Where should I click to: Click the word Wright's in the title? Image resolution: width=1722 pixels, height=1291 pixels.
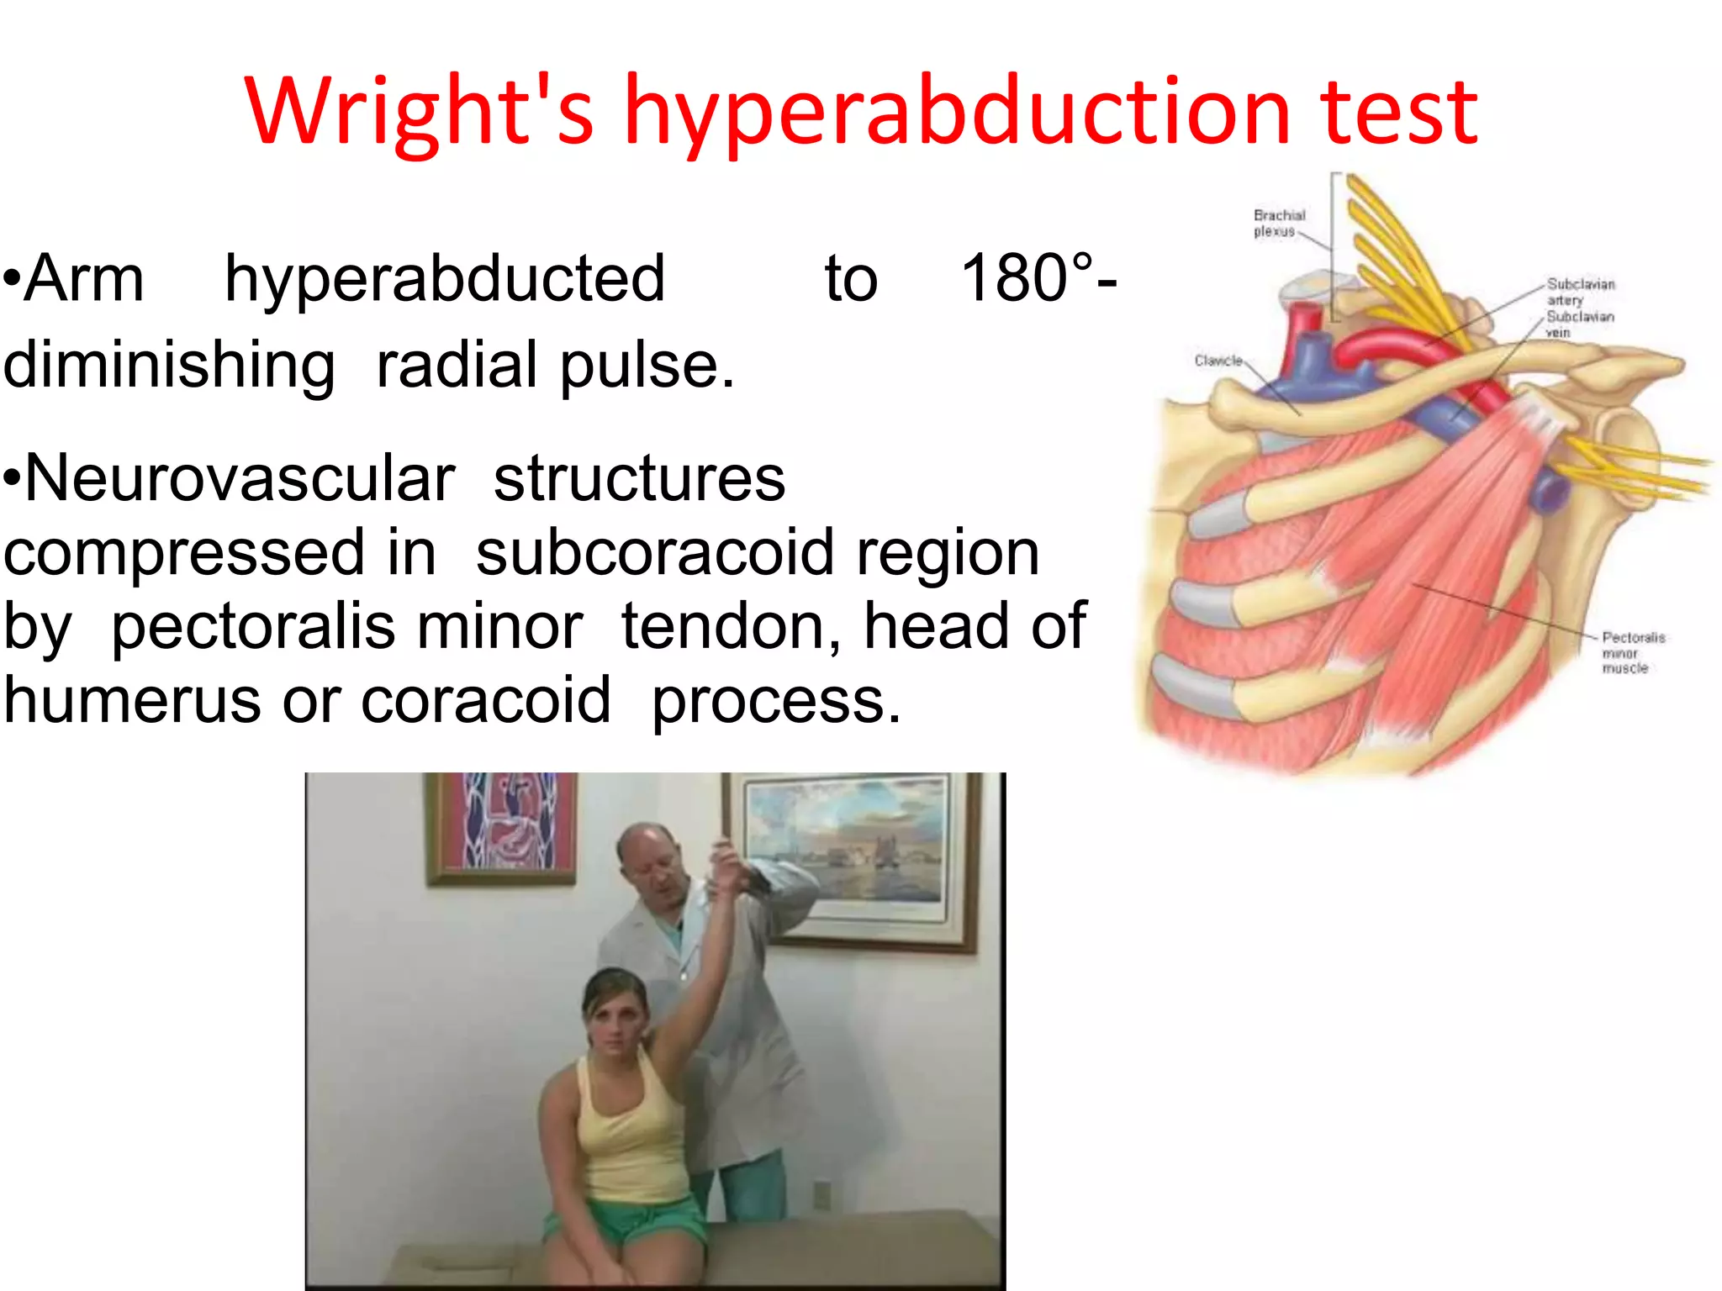click(x=419, y=111)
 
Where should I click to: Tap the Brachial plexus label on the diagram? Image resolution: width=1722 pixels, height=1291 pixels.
click(x=1278, y=223)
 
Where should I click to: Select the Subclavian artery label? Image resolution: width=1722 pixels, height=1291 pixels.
click(x=1580, y=292)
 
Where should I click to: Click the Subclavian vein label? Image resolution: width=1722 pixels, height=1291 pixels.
click(x=1579, y=324)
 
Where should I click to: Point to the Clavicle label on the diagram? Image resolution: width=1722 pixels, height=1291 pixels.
click(x=1218, y=361)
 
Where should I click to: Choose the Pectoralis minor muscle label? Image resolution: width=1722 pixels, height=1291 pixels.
click(x=1631, y=652)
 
